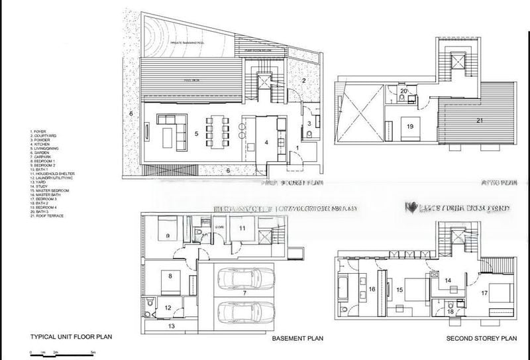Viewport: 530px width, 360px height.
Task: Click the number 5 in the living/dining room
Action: (196, 133)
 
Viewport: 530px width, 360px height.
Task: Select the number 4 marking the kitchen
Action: (266, 142)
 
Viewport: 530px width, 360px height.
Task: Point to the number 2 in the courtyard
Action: (302, 81)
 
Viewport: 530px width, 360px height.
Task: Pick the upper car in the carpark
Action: (242, 278)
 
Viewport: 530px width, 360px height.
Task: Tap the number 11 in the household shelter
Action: (242, 229)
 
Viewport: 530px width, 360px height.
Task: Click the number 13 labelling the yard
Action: (170, 327)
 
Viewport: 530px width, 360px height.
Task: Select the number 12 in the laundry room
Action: (168, 307)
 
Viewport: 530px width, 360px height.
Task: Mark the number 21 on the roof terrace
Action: (478, 121)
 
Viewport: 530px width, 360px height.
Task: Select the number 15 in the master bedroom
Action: (399, 290)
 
